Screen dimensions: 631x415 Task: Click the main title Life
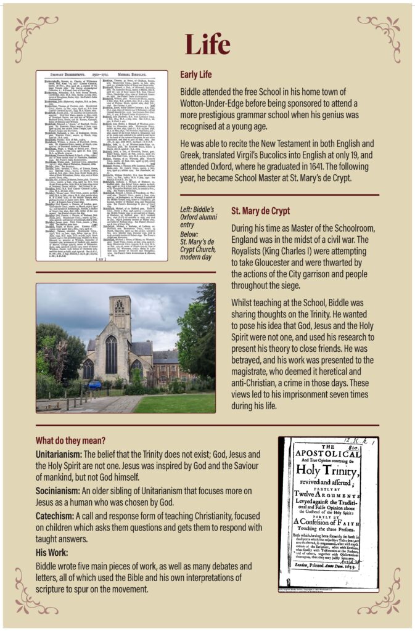pos(207,44)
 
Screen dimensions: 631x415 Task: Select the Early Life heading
pos(195,75)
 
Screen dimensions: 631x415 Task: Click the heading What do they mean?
pos(70,441)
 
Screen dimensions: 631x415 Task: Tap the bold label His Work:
pos(54,552)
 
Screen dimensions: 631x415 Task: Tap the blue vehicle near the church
pos(94,385)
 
